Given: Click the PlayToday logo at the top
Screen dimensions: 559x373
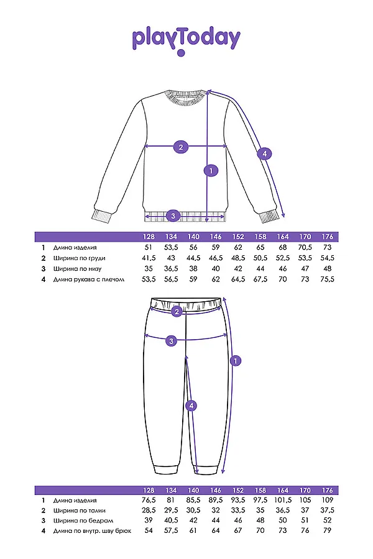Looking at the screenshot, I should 186,39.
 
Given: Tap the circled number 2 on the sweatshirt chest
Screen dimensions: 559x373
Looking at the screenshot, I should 180,147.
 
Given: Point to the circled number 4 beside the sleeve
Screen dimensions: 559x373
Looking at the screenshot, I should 264,153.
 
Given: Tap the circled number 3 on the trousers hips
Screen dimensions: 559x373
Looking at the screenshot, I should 172,340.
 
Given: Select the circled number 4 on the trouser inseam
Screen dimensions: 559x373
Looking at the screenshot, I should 192,406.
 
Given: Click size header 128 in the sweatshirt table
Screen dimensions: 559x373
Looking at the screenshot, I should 149,237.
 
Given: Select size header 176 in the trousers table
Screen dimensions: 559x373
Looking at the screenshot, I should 328,489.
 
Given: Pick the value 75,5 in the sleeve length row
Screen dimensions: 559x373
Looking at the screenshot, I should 328,279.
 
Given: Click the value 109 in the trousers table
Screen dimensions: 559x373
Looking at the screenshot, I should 328,501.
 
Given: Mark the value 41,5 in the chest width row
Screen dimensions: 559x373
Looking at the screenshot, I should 149,257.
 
